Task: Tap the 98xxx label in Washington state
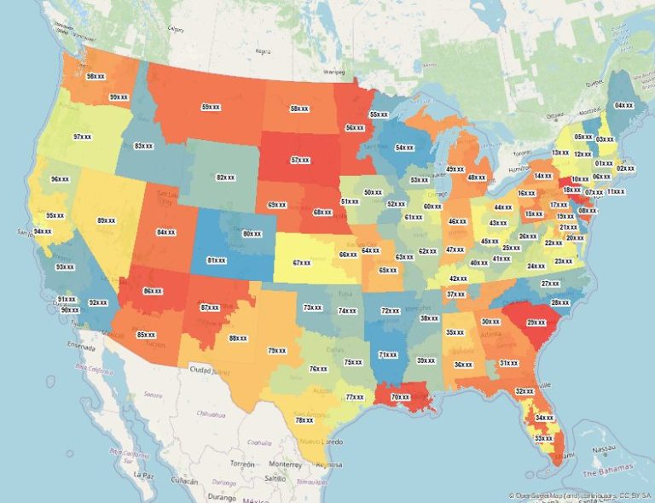tap(96, 76)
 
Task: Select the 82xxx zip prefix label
tap(226, 178)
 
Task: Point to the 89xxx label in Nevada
tap(107, 220)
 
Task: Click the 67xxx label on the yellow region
tap(301, 263)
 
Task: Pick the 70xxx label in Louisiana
tap(400, 396)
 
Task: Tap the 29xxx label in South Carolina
tap(536, 323)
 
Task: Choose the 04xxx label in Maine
tap(623, 105)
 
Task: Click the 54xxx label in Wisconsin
tap(404, 148)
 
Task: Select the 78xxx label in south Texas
tap(304, 420)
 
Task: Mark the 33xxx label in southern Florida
tap(542, 438)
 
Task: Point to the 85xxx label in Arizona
tap(146, 334)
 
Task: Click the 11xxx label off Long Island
tap(616, 191)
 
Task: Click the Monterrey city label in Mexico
tap(284, 464)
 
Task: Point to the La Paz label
tap(143, 473)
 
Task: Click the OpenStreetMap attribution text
tap(580, 495)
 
